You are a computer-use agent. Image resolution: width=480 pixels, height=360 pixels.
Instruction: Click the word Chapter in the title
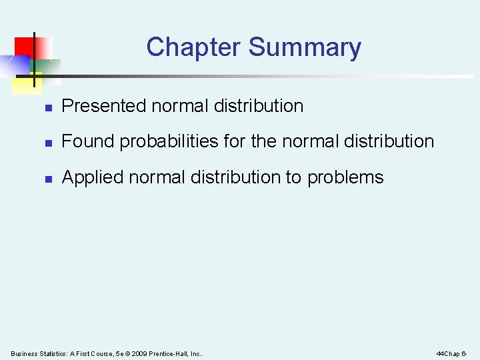coord(193,47)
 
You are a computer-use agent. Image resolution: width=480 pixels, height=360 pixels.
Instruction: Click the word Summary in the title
coord(305,47)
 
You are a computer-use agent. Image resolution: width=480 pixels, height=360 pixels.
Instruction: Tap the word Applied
coord(92,177)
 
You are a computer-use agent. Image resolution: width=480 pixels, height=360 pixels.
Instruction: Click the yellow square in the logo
coord(25,83)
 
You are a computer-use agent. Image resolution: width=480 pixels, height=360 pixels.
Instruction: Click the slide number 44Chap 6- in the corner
coord(451,353)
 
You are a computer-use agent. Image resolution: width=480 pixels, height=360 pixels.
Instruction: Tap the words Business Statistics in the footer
coord(36,353)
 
